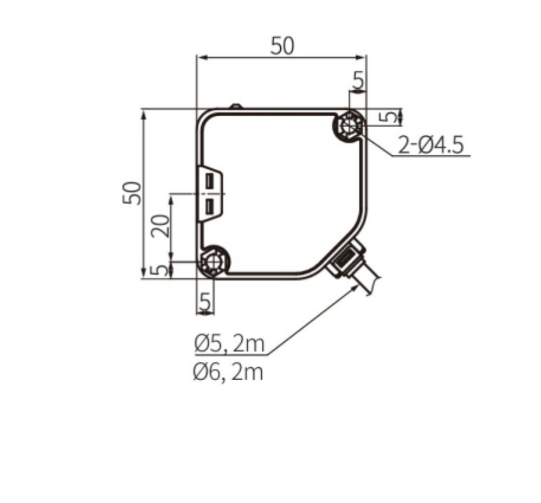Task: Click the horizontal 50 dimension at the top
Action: coord(282,47)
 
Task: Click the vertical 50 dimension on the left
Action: coord(132,193)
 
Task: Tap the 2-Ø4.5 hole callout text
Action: coord(431,145)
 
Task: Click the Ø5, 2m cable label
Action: coord(229,343)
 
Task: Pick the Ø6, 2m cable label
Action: coord(229,372)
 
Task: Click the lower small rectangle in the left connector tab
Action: coord(209,205)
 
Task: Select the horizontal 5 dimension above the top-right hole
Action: coord(358,81)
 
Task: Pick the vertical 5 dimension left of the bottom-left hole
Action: coord(156,269)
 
